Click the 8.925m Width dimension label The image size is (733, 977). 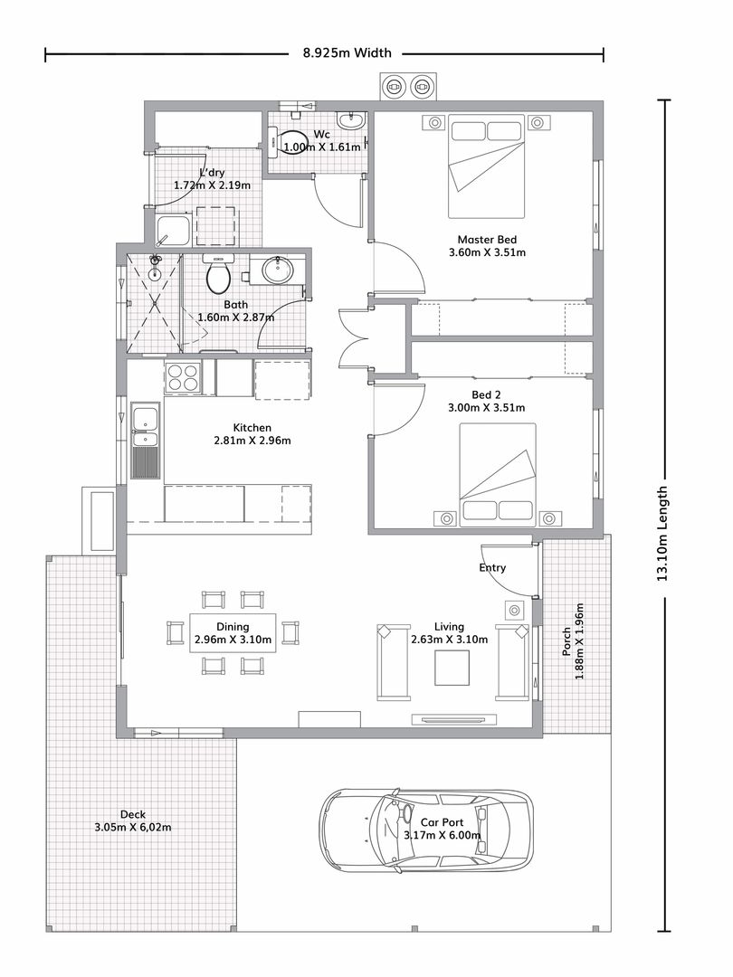click(x=347, y=53)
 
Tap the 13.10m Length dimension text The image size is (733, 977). click(x=662, y=534)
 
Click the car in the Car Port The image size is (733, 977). click(x=426, y=829)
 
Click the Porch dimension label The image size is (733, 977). click(x=573, y=641)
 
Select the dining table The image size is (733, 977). click(x=233, y=633)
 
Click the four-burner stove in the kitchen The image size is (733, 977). click(x=183, y=377)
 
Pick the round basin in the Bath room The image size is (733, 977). click(x=277, y=270)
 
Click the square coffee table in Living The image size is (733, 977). click(x=452, y=668)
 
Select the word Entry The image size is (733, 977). click(x=492, y=567)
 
